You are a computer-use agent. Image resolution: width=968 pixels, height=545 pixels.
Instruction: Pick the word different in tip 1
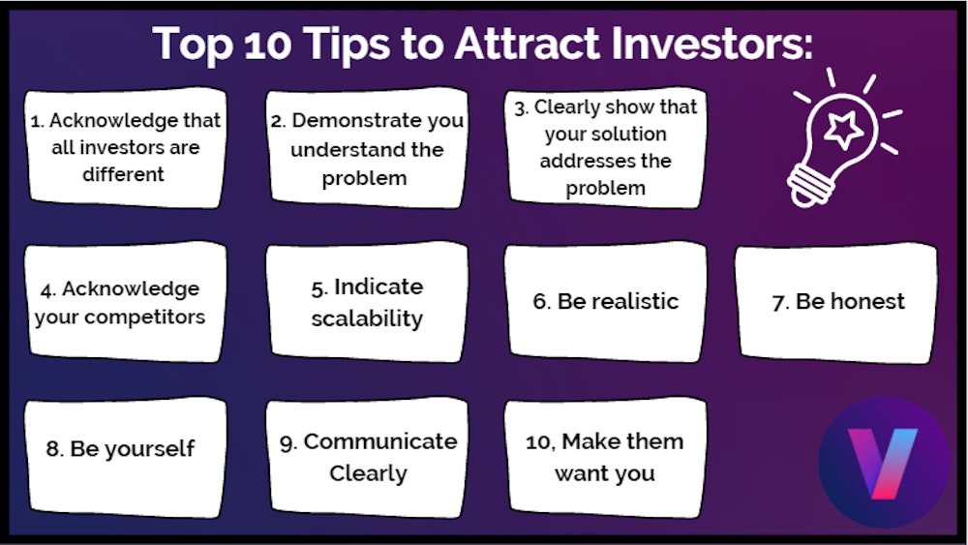coord(122,174)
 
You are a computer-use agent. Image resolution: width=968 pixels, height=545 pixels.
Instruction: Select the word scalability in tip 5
coord(367,318)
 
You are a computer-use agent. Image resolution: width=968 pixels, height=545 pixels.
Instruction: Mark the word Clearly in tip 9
coord(368,473)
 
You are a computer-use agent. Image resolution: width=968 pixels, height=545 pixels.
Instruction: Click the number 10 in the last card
coord(538,441)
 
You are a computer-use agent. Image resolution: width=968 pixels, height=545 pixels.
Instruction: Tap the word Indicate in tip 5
coord(378,287)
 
